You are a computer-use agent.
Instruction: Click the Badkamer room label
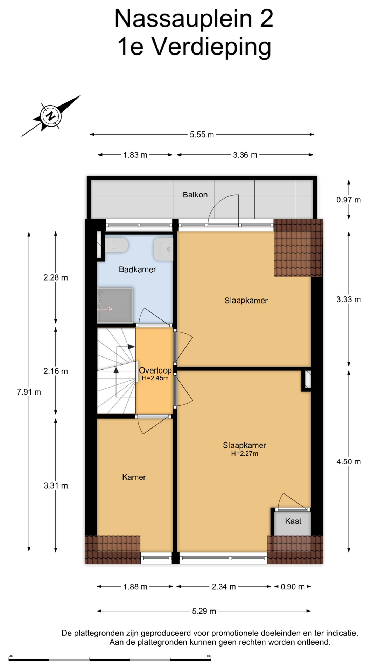137,269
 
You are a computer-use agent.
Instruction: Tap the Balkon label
195,195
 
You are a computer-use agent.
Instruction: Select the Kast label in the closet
293,521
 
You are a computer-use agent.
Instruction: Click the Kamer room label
134,477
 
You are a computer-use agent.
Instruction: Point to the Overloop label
155,370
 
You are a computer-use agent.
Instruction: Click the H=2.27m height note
245,454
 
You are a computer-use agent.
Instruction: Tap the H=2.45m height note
155,378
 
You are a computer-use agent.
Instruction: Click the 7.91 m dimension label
29,392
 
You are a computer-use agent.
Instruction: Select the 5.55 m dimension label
202,135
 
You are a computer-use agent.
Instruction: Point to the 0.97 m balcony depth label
349,200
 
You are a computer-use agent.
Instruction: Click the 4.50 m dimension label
349,462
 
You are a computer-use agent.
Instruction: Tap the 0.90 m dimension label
293,587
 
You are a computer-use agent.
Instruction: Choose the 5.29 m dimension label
204,611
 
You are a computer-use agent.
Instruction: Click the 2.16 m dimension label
56,371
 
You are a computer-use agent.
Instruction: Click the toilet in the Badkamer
117,245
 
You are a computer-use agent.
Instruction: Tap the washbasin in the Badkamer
163,249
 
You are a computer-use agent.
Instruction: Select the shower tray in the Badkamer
115,305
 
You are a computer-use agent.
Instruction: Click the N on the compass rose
51,116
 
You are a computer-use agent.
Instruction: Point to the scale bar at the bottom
110,659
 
